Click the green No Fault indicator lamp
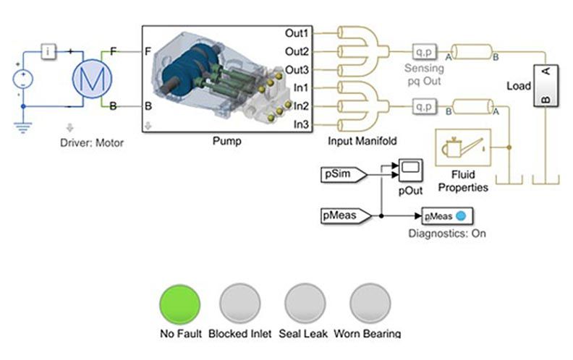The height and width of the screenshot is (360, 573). point(180,303)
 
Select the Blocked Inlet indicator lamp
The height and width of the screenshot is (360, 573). point(239,303)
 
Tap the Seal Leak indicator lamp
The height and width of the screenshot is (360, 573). point(305,303)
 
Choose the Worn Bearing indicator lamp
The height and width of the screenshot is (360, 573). point(370,303)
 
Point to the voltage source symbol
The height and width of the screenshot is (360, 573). point(23,78)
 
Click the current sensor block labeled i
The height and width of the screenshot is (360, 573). point(48,51)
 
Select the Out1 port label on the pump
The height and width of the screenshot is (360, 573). point(297,33)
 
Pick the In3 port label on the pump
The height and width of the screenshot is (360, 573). point(302,125)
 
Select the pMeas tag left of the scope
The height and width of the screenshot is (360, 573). point(344,215)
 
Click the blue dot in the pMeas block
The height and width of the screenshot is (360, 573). point(460,215)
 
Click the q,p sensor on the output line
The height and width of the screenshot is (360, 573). point(422,52)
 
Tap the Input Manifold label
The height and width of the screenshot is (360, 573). point(362,141)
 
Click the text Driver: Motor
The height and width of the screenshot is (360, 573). point(92,142)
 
